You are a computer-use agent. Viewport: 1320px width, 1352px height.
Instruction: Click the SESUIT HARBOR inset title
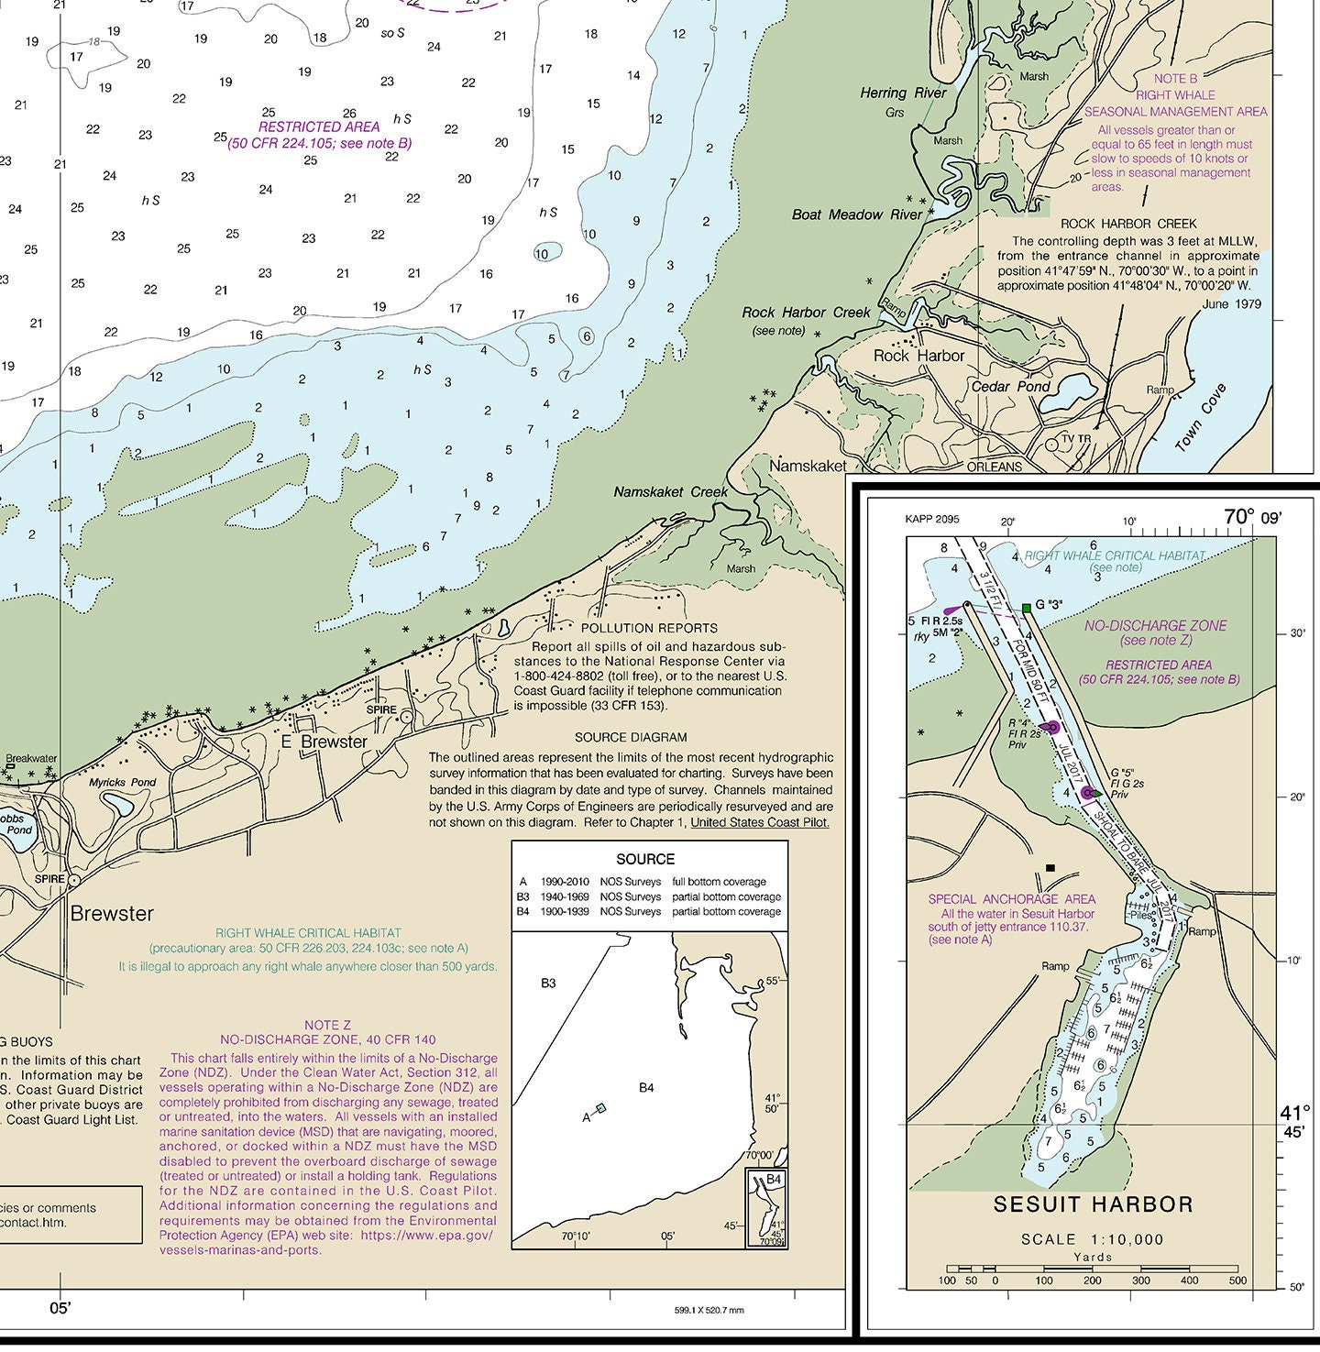point(1093,1204)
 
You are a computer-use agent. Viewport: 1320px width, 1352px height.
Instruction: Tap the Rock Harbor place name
point(918,356)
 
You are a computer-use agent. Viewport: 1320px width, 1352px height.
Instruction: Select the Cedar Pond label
point(1010,386)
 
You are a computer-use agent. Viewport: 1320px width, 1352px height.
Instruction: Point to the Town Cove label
point(1200,418)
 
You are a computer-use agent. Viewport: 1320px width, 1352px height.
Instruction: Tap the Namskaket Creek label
point(670,492)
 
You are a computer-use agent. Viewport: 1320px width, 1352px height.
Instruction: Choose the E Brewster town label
point(324,742)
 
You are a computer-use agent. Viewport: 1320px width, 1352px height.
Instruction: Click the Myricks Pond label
point(122,783)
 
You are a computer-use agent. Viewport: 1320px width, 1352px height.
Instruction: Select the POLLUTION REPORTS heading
point(649,628)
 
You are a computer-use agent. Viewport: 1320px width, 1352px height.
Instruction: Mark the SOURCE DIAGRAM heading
point(631,737)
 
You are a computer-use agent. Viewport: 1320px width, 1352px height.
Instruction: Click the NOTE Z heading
point(327,1025)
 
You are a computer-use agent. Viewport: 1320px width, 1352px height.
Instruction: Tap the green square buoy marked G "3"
point(1027,608)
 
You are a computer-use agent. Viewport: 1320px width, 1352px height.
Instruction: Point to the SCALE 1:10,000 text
point(1093,1239)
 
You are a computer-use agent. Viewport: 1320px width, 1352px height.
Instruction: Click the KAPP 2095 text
point(931,520)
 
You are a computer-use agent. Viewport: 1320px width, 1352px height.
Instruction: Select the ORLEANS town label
point(994,467)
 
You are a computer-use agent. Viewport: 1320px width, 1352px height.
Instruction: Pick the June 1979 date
point(1231,304)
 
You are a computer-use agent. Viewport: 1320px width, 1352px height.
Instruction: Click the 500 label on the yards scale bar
point(1237,1281)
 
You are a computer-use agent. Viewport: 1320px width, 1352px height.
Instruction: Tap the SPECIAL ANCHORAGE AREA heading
point(1011,899)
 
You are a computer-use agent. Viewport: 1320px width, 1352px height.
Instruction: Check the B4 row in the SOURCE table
point(649,911)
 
